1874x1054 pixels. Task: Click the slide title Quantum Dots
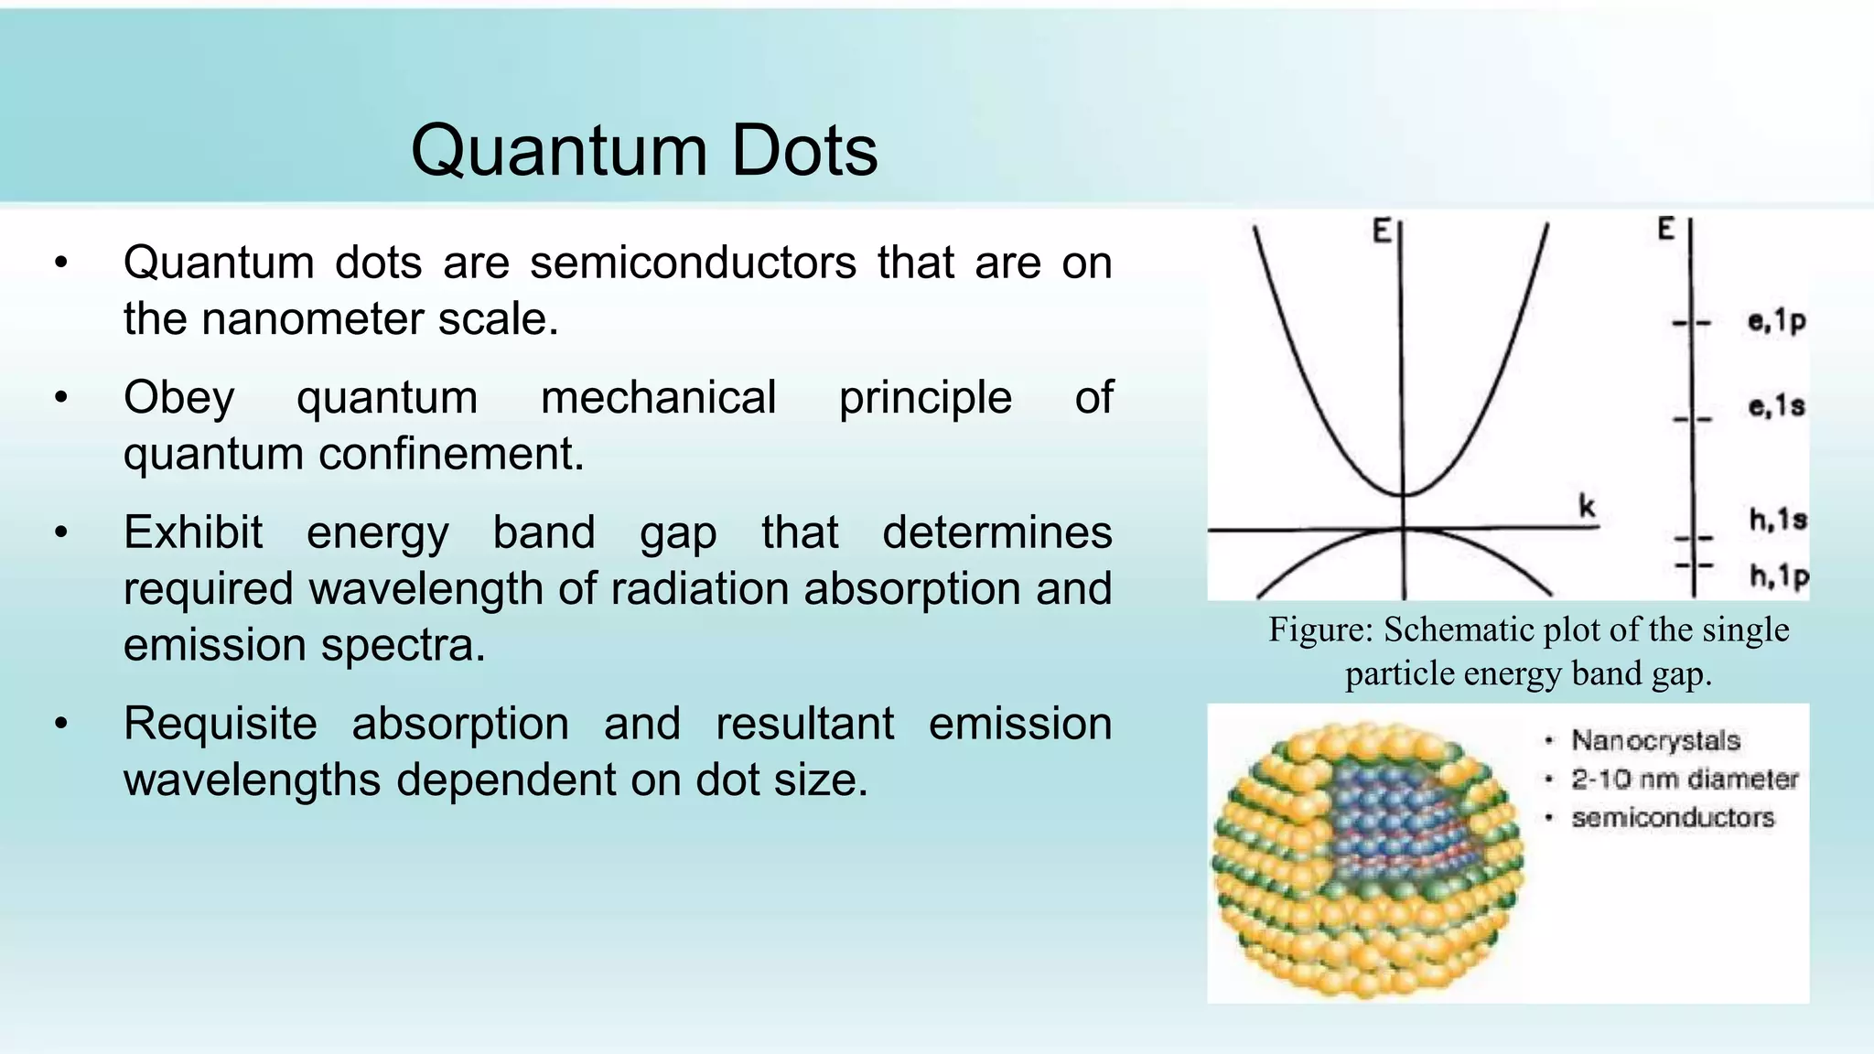(x=643, y=150)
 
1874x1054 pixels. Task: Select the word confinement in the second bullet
(x=450, y=454)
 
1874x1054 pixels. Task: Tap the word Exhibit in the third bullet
(x=193, y=532)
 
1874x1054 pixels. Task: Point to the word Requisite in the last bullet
(x=221, y=724)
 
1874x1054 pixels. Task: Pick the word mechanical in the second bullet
(x=658, y=398)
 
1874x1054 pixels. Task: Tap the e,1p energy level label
(x=1776, y=321)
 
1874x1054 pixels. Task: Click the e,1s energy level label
(x=1776, y=405)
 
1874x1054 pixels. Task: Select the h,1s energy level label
(x=1778, y=520)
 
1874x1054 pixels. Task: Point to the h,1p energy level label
(x=1779, y=576)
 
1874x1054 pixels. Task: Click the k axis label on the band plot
(x=1587, y=506)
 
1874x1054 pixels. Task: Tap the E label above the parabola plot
(x=1382, y=231)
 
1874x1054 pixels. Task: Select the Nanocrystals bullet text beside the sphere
(x=1655, y=740)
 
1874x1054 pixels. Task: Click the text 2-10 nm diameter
(x=1685, y=780)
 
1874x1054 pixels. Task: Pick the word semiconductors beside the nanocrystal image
(x=1673, y=818)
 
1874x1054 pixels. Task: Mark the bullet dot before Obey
(x=61, y=398)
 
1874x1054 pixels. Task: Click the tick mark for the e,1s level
(x=1692, y=420)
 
